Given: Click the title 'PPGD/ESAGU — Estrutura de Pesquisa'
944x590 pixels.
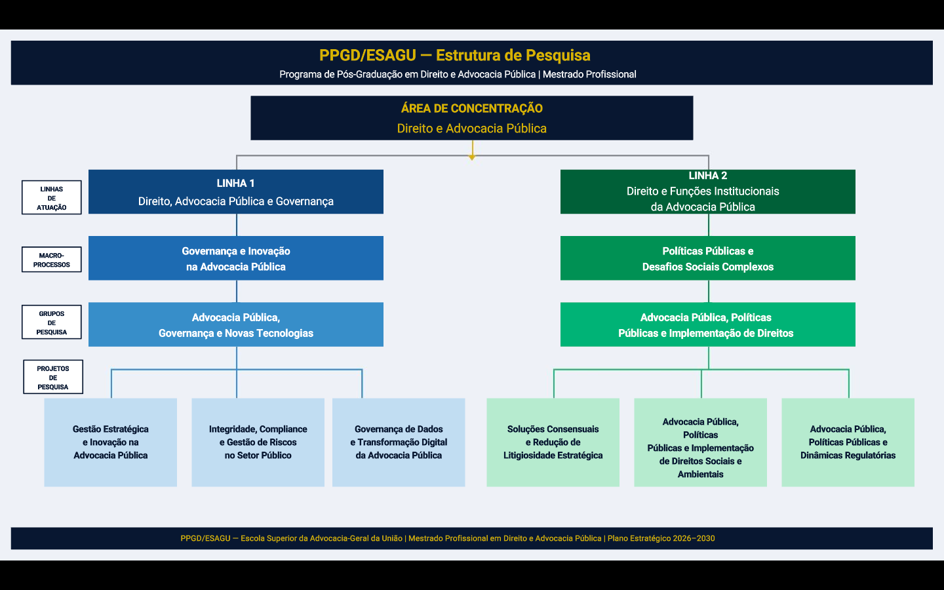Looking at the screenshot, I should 454,56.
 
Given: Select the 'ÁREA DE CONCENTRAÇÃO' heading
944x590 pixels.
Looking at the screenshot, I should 471,109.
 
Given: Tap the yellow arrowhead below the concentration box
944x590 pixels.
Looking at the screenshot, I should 472,157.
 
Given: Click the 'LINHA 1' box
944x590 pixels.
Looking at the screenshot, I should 236,192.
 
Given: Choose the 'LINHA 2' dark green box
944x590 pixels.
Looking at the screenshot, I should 707,192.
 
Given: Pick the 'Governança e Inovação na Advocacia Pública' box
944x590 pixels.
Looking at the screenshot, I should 236,258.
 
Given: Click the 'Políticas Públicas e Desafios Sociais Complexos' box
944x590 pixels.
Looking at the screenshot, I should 707,258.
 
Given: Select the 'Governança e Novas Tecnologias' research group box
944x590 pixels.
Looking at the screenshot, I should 236,324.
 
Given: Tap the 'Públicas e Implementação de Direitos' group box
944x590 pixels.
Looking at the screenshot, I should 707,324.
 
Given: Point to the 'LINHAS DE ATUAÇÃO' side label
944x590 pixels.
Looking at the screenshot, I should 52,198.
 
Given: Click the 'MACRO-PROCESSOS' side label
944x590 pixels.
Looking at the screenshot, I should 52,260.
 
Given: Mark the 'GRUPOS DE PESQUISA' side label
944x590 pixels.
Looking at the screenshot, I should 52,323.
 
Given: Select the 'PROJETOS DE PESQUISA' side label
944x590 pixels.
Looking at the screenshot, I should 53,378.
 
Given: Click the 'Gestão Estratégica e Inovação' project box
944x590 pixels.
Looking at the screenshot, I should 111,442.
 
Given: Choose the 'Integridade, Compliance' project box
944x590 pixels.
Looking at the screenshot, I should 258,442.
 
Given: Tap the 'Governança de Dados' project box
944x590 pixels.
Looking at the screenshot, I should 399,442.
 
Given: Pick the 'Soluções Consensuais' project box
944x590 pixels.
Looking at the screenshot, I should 553,442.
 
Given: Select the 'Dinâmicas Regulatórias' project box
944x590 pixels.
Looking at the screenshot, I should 848,442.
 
